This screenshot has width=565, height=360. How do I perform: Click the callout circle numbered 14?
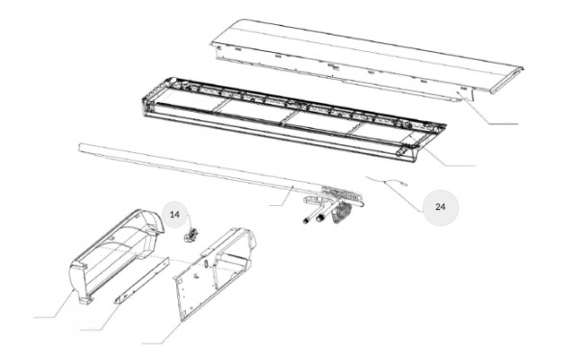click(175, 215)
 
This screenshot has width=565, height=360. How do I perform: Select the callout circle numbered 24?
click(440, 207)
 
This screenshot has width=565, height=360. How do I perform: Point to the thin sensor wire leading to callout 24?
click(386, 181)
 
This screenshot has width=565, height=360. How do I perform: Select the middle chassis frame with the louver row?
click(293, 119)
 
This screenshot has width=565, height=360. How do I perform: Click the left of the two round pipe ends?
click(307, 220)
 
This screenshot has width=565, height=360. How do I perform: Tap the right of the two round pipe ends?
click(320, 218)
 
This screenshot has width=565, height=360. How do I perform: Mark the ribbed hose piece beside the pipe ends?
click(341, 214)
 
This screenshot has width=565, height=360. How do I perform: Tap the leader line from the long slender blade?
click(283, 196)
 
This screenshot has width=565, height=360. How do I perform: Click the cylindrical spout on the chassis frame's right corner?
click(400, 152)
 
